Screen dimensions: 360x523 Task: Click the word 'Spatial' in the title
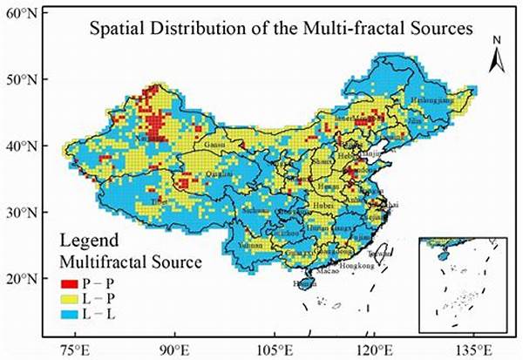click(120, 28)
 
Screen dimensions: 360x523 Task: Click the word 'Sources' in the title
click(441, 28)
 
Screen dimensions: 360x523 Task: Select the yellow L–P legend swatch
click(70, 297)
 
